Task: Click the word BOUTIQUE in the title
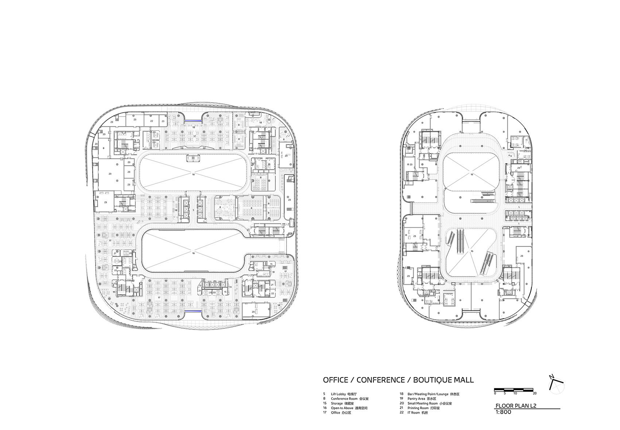[x=427, y=380]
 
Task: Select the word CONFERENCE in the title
[x=380, y=380]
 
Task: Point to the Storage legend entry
[x=337, y=403]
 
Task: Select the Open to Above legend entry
[x=342, y=408]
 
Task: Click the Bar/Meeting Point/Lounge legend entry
[x=425, y=394]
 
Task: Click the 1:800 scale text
[x=503, y=412]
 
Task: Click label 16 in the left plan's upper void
[x=193, y=174]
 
